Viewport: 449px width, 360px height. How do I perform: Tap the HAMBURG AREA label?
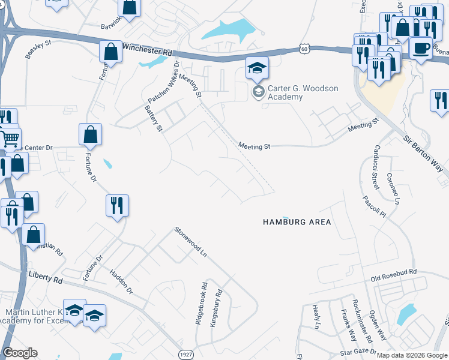point(297,222)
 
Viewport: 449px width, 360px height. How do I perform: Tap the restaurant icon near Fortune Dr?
point(117,205)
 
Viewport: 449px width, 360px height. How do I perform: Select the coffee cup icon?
point(421,47)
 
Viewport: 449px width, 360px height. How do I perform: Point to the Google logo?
point(20,353)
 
